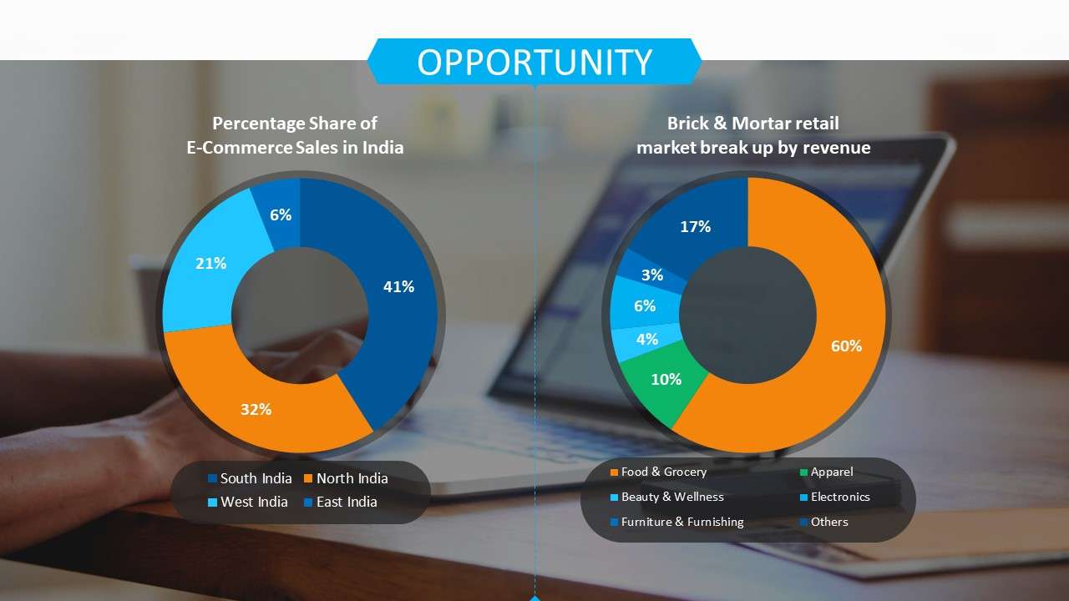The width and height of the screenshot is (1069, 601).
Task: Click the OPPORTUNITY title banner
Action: (x=534, y=62)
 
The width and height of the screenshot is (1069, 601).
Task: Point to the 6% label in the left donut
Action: (x=281, y=215)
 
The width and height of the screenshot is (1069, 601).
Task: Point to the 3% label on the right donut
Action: (x=652, y=275)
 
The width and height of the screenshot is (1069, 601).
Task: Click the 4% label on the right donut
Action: (x=647, y=339)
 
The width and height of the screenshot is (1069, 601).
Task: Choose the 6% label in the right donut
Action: (x=645, y=306)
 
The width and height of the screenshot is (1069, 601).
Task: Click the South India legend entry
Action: (x=250, y=478)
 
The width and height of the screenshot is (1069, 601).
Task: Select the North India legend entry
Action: (x=346, y=478)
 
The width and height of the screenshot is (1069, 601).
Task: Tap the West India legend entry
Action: (x=248, y=502)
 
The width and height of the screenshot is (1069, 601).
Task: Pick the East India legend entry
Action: (x=341, y=502)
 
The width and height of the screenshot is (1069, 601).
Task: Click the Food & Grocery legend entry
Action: (x=659, y=472)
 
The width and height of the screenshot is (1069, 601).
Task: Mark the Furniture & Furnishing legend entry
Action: (x=677, y=522)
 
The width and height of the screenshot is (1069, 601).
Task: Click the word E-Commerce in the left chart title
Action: (x=239, y=148)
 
